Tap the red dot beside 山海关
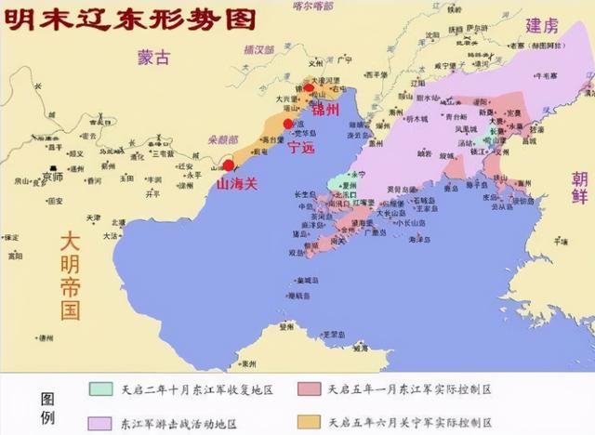pyautogui.click(x=229, y=165)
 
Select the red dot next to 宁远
pyautogui.click(x=288, y=124)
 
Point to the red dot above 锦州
pyautogui.click(x=311, y=89)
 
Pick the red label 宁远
pyautogui.click(x=303, y=147)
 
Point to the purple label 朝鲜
pyautogui.click(x=578, y=192)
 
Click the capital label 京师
pyautogui.click(x=53, y=176)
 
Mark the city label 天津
pyautogui.click(x=94, y=217)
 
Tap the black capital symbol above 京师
pyautogui.click(x=54, y=165)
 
